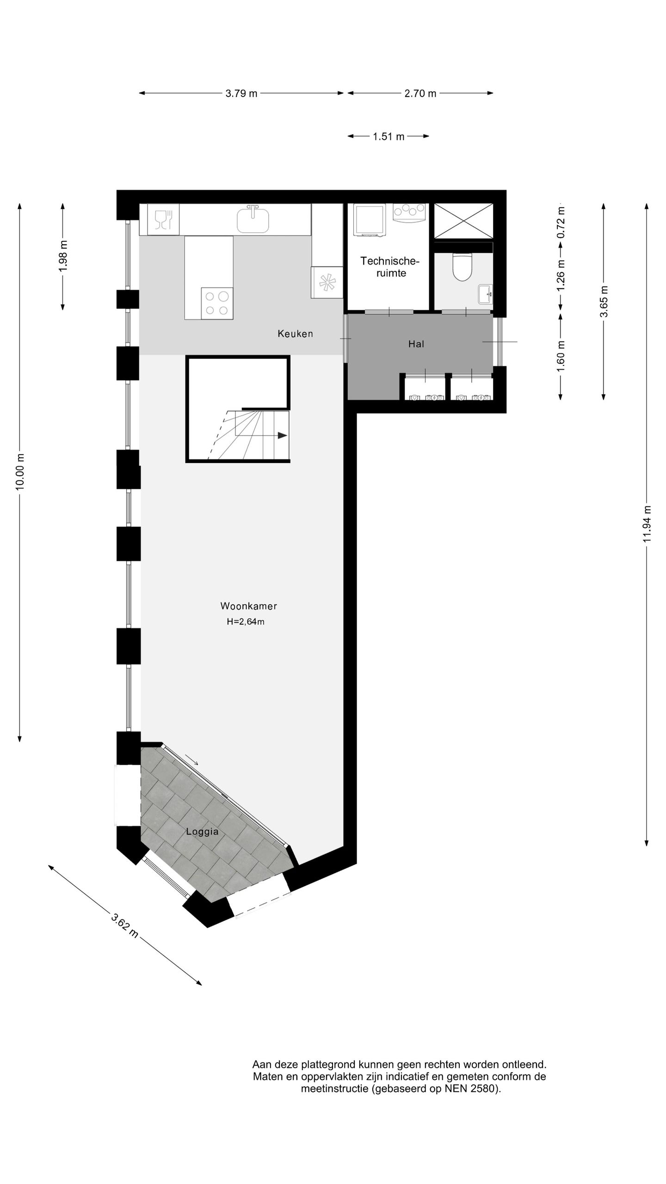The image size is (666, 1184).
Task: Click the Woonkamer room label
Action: pos(248,606)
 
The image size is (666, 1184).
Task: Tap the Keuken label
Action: pos(295,333)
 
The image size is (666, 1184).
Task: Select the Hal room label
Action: pos(416,344)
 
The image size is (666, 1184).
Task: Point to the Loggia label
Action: pos(202,832)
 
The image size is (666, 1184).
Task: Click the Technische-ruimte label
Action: pos(390,267)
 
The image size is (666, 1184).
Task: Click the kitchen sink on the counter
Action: pos(253,219)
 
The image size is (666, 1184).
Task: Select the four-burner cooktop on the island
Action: pos(217,303)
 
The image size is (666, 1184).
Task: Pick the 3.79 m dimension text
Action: pos(241,93)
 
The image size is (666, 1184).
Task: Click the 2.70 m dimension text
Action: pos(420,93)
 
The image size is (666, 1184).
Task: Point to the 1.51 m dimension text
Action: pos(388,136)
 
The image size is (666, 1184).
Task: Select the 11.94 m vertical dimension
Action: pos(647,524)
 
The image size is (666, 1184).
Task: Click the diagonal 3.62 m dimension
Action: pos(125,925)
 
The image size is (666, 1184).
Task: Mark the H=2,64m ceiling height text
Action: pos(246,622)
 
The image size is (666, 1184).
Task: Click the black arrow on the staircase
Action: pos(282,435)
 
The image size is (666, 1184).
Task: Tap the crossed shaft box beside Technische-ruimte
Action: pos(463,221)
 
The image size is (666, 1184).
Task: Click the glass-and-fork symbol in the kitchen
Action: pos(163,219)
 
